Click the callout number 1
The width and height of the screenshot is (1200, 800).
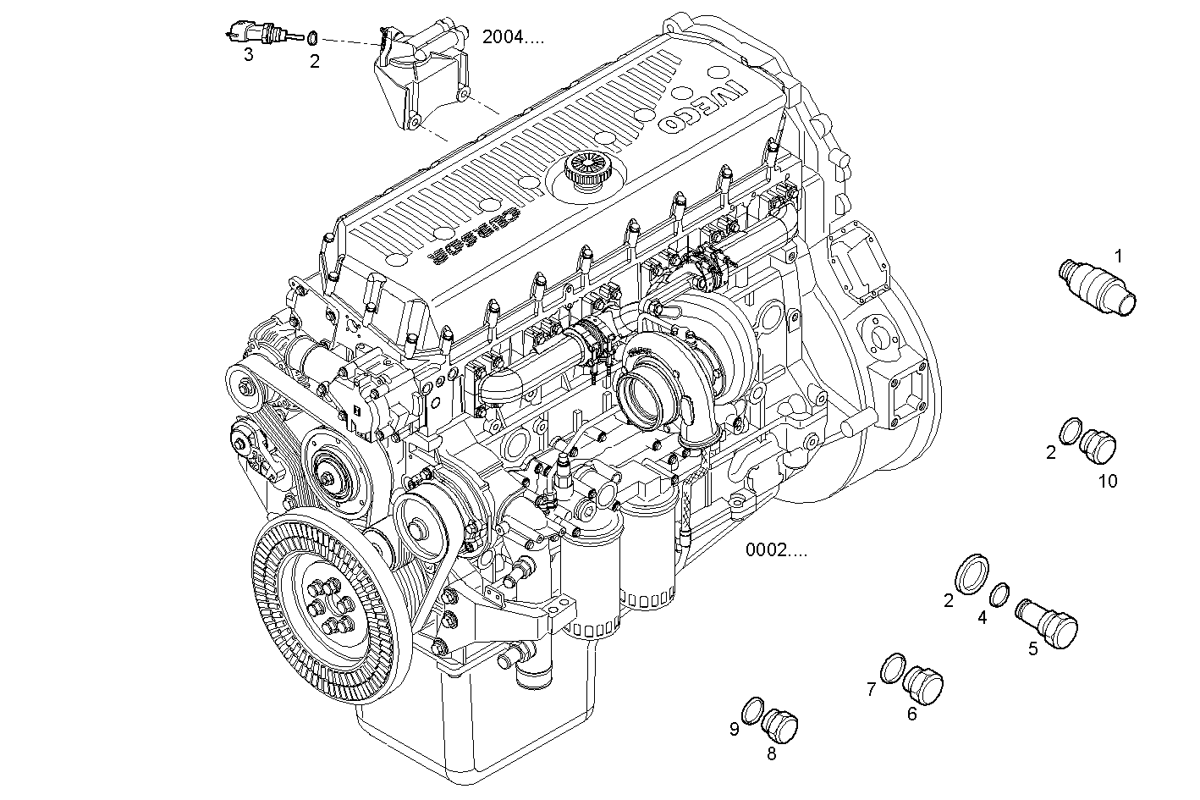(x=1119, y=255)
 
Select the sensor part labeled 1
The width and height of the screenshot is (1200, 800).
(x=1098, y=290)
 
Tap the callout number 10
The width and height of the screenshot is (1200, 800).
(x=1108, y=481)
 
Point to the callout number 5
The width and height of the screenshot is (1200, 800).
(x=1033, y=649)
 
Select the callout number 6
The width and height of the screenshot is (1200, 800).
(x=911, y=714)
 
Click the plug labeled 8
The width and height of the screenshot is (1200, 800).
(x=781, y=726)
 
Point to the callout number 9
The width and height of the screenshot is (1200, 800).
(x=735, y=727)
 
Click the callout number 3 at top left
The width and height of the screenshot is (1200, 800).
(x=248, y=55)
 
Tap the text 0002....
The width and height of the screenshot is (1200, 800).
(x=775, y=551)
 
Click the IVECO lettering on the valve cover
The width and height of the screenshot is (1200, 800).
(x=701, y=103)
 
